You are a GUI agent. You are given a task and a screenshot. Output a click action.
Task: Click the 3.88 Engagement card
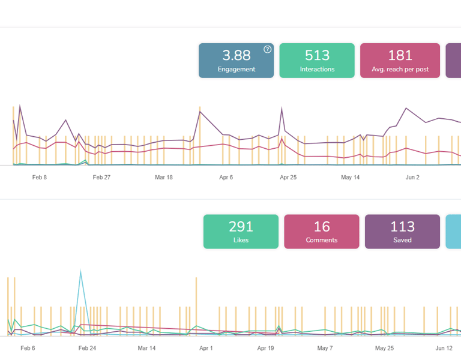[236, 61]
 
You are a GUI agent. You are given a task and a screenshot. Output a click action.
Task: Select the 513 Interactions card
[317, 61]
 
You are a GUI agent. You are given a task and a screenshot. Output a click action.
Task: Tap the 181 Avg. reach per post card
[400, 61]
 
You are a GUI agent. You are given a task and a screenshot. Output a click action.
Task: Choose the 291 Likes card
[241, 232]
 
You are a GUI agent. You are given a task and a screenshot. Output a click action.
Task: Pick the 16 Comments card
[321, 232]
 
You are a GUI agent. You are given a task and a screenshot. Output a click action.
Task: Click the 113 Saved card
[402, 232]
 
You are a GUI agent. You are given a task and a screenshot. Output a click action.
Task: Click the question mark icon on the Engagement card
[267, 49]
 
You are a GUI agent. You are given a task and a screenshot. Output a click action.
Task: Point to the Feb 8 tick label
[40, 178]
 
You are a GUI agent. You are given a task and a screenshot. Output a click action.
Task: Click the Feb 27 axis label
[101, 178]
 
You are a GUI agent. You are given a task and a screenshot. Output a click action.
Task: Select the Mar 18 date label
[164, 178]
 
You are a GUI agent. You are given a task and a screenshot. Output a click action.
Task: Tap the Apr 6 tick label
[226, 178]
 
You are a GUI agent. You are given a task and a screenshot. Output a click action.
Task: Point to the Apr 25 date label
[288, 178]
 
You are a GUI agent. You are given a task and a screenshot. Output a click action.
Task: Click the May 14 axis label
[351, 178]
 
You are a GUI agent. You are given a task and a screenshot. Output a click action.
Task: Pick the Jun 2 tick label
[413, 178]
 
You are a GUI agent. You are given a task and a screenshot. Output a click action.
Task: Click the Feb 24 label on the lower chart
[87, 348]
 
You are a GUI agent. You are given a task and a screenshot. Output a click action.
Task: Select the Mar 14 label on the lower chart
[146, 348]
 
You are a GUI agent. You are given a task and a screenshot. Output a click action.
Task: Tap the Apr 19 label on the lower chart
[265, 348]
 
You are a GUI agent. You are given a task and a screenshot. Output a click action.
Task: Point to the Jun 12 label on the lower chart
[444, 348]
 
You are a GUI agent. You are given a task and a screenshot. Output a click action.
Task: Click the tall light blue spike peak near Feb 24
[80, 271]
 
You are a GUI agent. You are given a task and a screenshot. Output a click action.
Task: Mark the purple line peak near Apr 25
[282, 109]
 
